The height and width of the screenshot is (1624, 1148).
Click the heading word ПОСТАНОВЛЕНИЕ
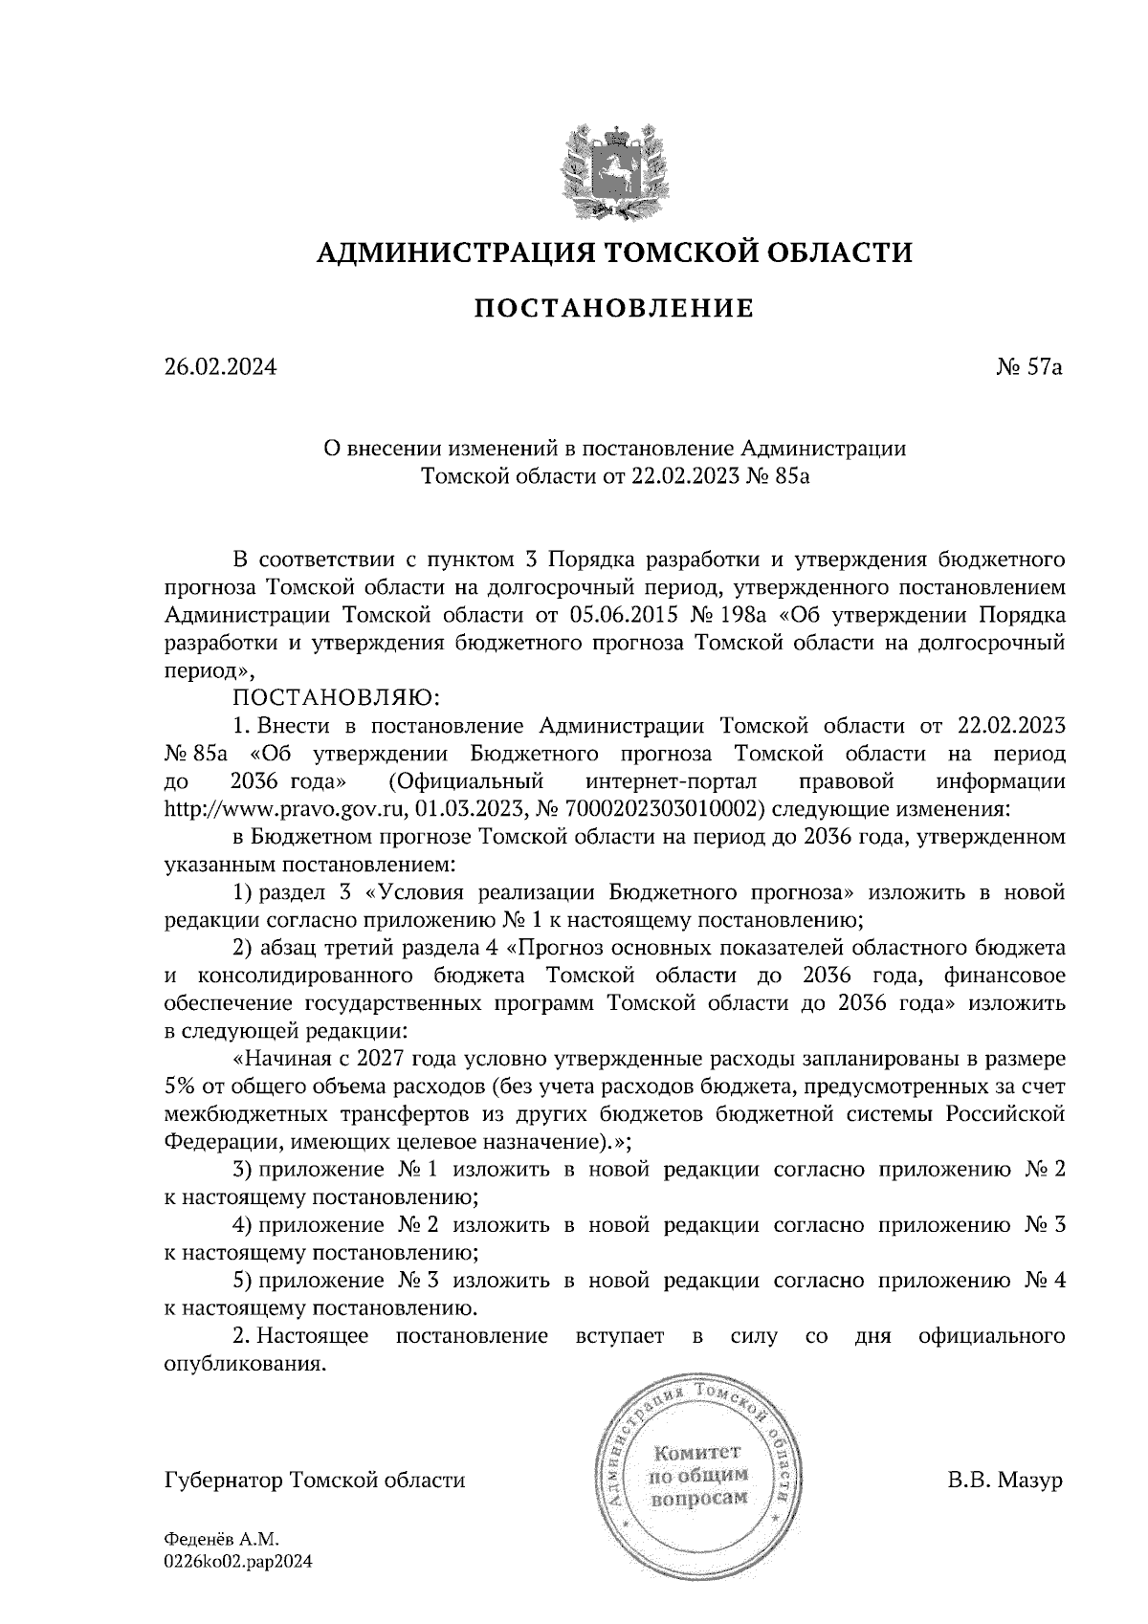pos(614,308)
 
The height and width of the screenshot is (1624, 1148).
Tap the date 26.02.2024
pos(220,366)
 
